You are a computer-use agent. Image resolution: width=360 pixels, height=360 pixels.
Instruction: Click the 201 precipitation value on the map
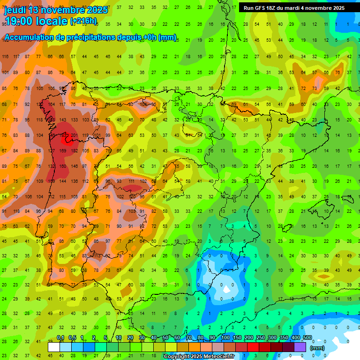(74, 135)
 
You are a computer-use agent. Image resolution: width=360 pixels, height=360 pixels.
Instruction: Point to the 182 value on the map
(75, 151)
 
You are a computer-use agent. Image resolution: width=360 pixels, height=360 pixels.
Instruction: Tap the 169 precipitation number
(63, 151)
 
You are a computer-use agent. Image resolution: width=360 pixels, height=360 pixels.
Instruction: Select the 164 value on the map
(51, 105)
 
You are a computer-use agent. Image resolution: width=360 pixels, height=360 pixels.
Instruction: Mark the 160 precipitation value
(63, 166)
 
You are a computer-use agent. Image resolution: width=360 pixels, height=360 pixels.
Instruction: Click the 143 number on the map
(63, 120)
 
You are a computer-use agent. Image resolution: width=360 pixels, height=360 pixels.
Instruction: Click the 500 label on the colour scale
(307, 338)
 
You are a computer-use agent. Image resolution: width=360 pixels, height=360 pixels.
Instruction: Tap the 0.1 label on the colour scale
(60, 338)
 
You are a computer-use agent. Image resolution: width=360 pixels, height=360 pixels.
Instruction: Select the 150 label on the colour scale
(237, 338)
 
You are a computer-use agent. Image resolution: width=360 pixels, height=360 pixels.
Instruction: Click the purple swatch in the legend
(300, 347)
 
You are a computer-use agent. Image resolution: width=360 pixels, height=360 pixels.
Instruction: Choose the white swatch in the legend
(54, 347)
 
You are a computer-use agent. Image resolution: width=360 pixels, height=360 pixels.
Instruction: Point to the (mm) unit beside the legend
(317, 348)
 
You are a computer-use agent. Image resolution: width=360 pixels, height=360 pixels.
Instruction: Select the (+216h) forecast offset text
(83, 21)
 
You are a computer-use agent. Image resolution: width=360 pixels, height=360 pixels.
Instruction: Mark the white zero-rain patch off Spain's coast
(227, 289)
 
